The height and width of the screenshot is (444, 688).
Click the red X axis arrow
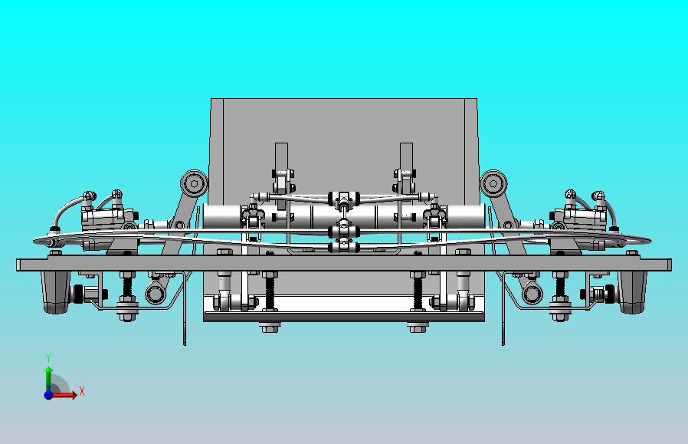(69, 395)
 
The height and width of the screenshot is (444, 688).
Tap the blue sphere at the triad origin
(48, 395)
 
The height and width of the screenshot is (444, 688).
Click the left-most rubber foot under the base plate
(56, 291)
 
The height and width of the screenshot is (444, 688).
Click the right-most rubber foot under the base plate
(632, 291)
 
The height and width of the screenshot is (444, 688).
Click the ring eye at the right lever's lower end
(529, 292)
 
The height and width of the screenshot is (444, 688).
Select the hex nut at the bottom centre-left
(268, 328)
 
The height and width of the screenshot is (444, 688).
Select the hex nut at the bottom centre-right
(417, 328)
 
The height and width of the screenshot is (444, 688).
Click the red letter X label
(82, 392)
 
